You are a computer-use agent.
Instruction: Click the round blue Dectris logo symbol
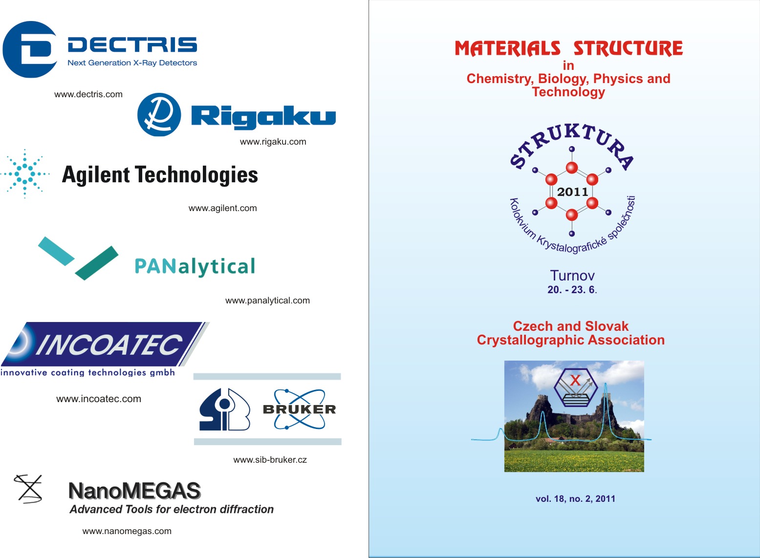tap(30, 49)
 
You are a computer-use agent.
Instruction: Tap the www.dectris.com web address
tap(88, 94)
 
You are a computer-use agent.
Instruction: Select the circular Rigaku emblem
tap(159, 115)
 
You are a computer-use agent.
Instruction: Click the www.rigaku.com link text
tap(273, 142)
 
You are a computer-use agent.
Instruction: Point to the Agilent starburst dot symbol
tap(25, 173)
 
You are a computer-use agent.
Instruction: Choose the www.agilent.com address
tap(222, 208)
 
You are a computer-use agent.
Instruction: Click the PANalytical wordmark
tap(195, 267)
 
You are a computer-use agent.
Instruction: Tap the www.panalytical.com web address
tap(267, 300)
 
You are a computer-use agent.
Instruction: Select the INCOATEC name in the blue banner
tap(109, 344)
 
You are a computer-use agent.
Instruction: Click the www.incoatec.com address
tap(98, 399)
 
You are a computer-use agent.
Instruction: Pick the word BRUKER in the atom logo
tap(300, 409)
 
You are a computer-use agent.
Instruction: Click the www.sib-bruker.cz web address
tap(270, 460)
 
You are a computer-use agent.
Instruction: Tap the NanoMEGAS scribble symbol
tap(28, 489)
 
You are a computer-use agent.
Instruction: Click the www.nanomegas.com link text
tap(127, 531)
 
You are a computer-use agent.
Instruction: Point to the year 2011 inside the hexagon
tap(572, 192)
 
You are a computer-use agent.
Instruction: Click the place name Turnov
tap(572, 276)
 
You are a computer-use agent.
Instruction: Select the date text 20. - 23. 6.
tap(572, 290)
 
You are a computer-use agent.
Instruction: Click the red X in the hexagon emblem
tap(575, 380)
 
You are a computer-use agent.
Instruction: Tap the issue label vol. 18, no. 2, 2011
tap(575, 499)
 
